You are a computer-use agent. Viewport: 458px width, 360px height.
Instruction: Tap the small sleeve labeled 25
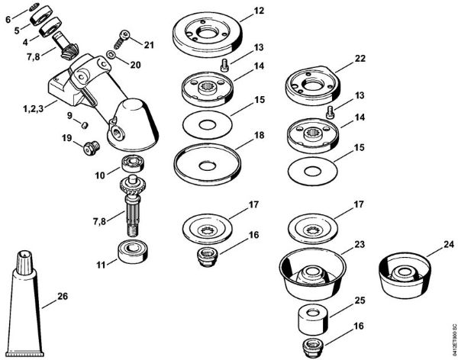312,319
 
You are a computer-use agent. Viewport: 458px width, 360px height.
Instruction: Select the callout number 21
148,46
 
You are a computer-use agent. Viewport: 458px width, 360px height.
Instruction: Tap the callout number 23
360,245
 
